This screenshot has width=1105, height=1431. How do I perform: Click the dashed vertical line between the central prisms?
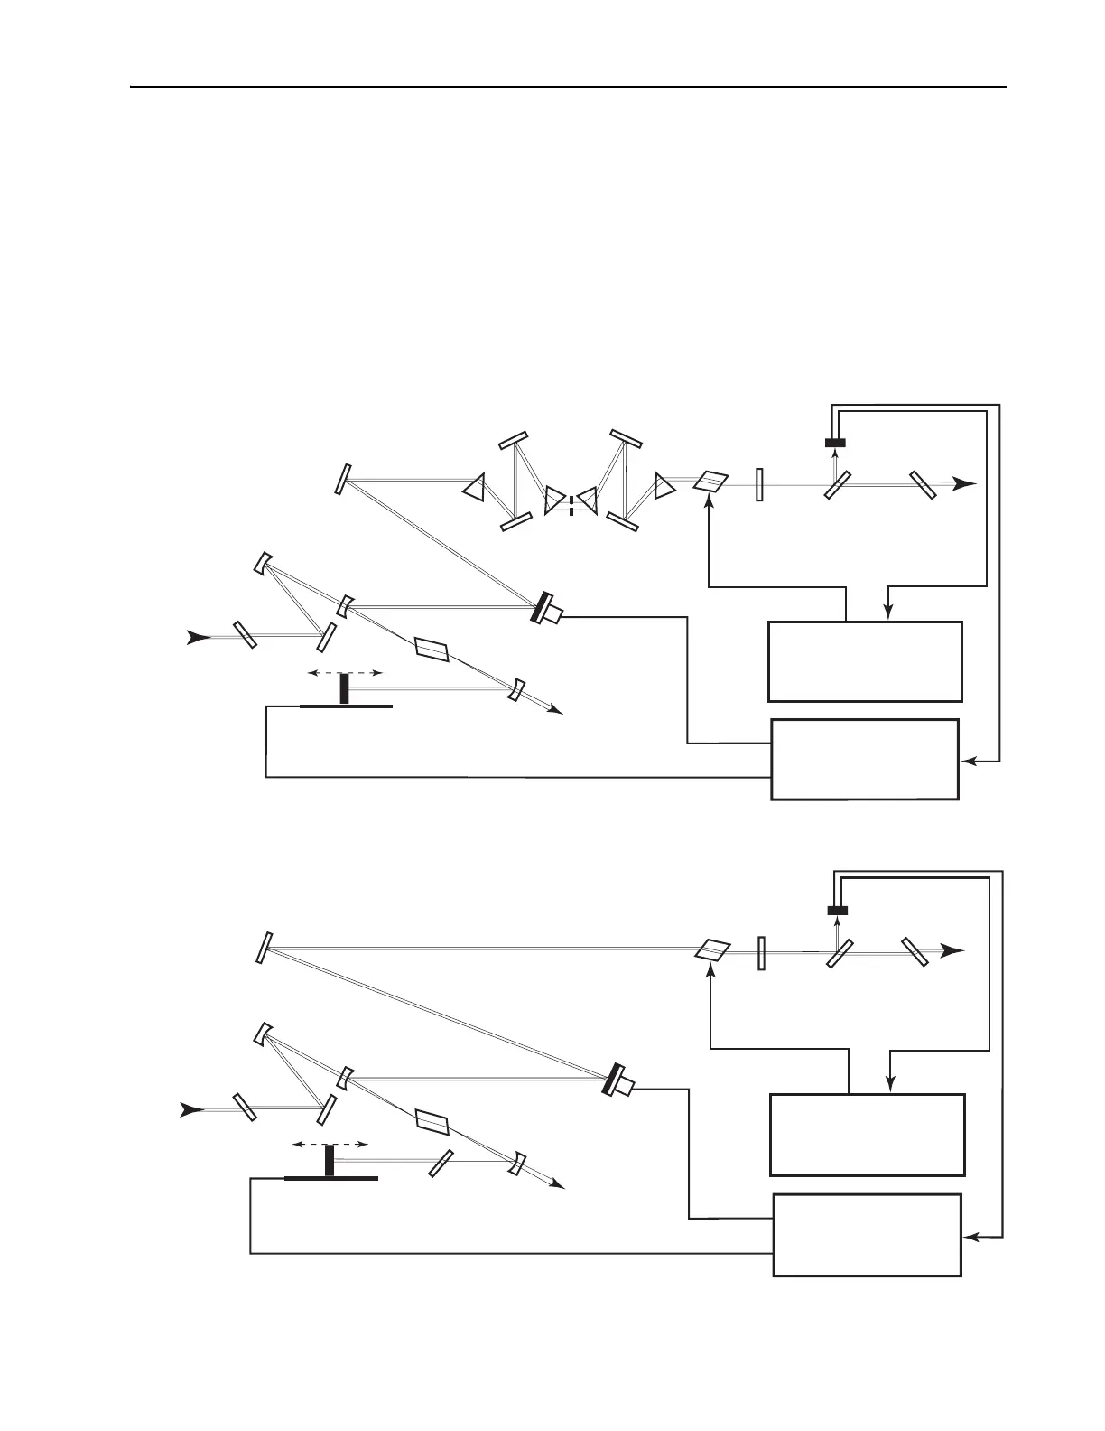571,499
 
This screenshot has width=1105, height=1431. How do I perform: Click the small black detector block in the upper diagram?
835,443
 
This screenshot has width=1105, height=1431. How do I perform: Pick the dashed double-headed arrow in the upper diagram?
345,673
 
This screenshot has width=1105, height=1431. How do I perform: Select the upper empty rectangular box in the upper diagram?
864,661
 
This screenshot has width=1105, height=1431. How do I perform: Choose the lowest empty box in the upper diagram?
864,759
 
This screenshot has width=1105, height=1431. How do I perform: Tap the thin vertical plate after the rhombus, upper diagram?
760,484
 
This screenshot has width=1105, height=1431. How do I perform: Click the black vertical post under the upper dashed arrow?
344,689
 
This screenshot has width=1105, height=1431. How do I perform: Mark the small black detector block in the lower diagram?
838,910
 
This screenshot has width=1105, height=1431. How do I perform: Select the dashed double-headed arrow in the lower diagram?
330,1144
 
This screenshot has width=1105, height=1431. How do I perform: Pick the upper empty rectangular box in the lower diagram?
867,1135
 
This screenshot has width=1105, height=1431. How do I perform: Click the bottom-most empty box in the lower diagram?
867,1235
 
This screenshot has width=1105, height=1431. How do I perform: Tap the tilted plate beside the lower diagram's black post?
441,1162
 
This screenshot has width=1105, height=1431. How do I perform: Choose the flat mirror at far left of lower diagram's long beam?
264,948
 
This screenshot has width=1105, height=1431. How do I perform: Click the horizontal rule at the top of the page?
569,88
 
